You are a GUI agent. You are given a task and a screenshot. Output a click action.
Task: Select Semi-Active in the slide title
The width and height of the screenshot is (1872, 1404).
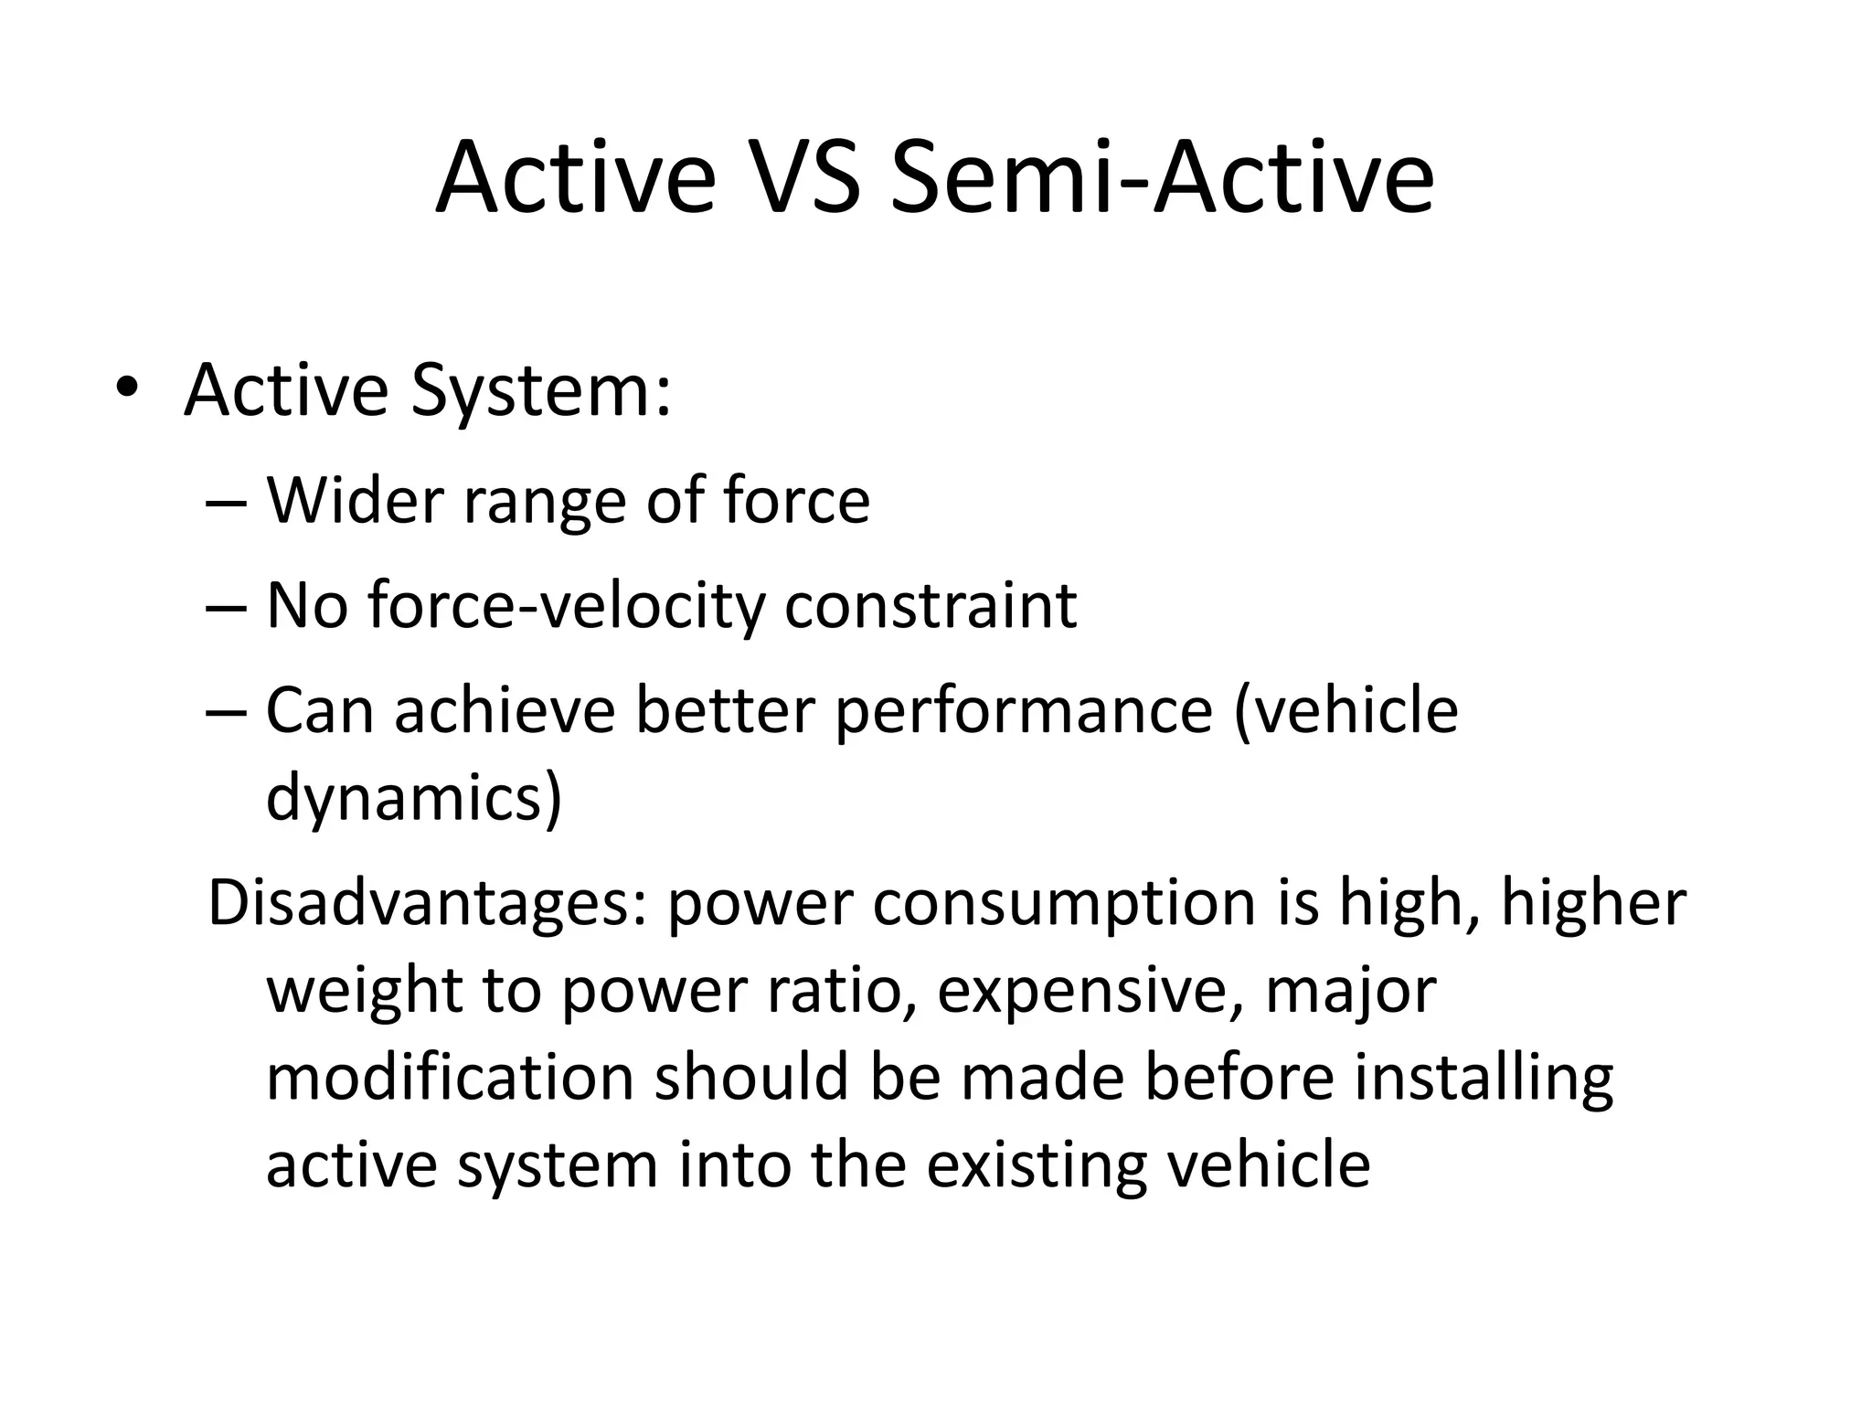pos(1161,177)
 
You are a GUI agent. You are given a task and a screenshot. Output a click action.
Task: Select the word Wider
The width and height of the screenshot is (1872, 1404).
pos(355,503)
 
